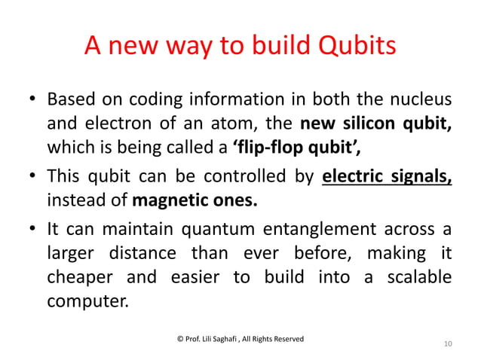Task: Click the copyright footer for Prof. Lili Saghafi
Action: (240, 339)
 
